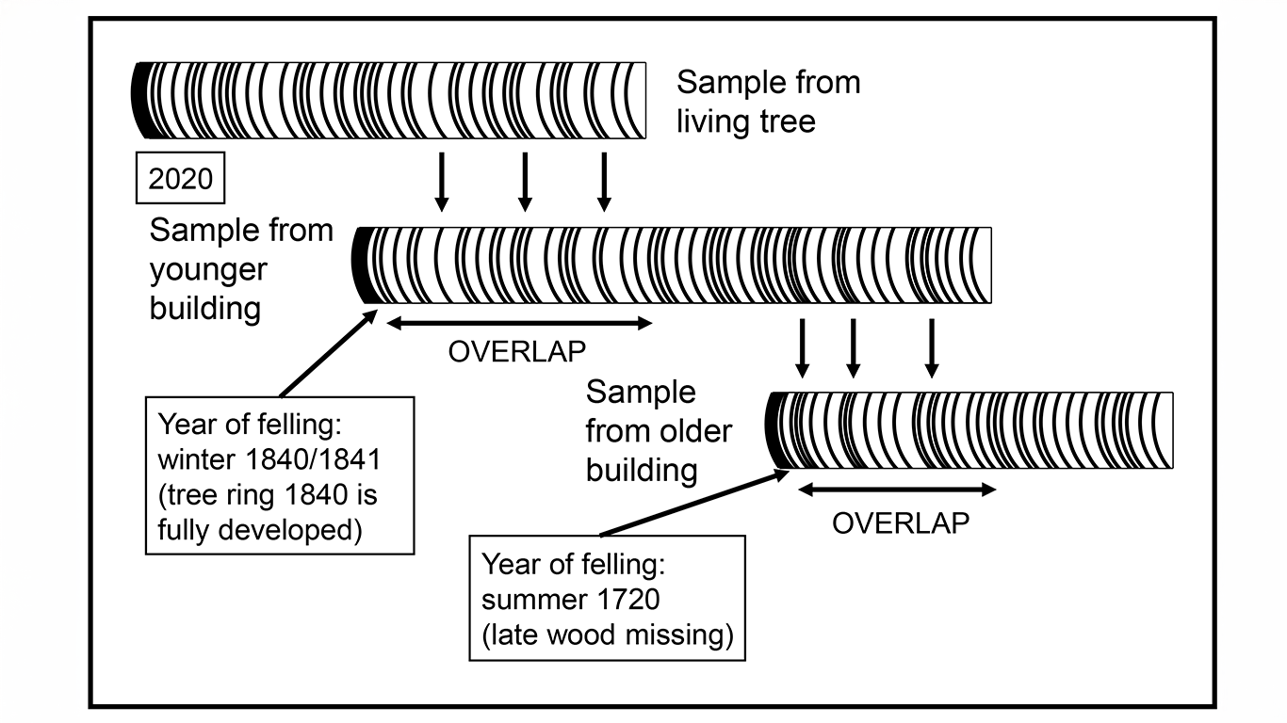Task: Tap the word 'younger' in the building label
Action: (x=208, y=270)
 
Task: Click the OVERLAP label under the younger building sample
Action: (x=517, y=351)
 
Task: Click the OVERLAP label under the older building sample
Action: (x=901, y=522)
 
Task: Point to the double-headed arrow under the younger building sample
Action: (x=519, y=324)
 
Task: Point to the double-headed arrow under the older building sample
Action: (x=897, y=490)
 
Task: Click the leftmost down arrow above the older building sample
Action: (x=803, y=348)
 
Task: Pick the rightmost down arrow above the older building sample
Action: (x=932, y=348)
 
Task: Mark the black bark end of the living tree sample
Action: (x=141, y=100)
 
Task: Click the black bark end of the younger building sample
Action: (x=363, y=265)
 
